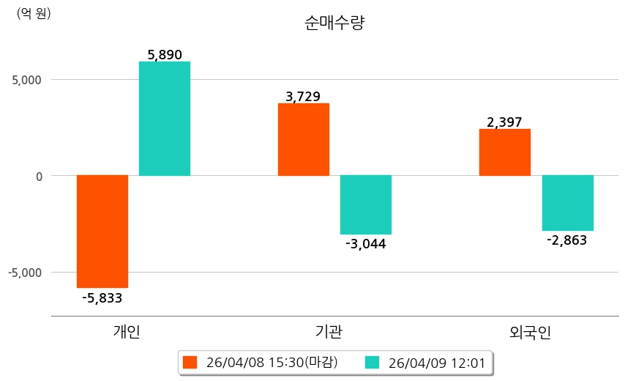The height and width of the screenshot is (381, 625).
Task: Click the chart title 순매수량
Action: coord(334,23)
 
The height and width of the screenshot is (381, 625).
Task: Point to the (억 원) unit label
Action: coord(34,12)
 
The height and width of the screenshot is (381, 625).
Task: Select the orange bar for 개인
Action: coord(102,231)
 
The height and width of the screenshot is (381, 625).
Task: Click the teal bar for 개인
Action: coord(165,119)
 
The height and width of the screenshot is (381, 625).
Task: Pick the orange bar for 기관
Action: coord(303,139)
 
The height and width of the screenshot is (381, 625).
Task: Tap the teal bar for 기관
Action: coord(366,204)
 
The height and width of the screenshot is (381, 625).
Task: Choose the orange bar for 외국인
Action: coord(504,152)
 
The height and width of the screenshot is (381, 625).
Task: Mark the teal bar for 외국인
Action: coord(567,203)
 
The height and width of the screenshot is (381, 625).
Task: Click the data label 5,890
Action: coord(165,54)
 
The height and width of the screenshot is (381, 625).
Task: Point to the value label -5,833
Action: coord(102,298)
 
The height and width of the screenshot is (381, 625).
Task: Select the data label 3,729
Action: coord(303,97)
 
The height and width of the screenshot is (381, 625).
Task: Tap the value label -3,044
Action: coord(366,244)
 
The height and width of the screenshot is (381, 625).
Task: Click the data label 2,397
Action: coord(504,122)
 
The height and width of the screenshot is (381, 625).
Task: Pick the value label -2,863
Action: coord(567,240)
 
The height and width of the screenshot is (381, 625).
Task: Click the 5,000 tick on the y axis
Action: coord(26,79)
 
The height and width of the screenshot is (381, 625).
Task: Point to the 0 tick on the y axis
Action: coord(40,176)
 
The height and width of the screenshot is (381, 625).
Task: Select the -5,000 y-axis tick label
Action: coord(24,273)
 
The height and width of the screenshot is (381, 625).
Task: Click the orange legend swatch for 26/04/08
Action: coord(190,362)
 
